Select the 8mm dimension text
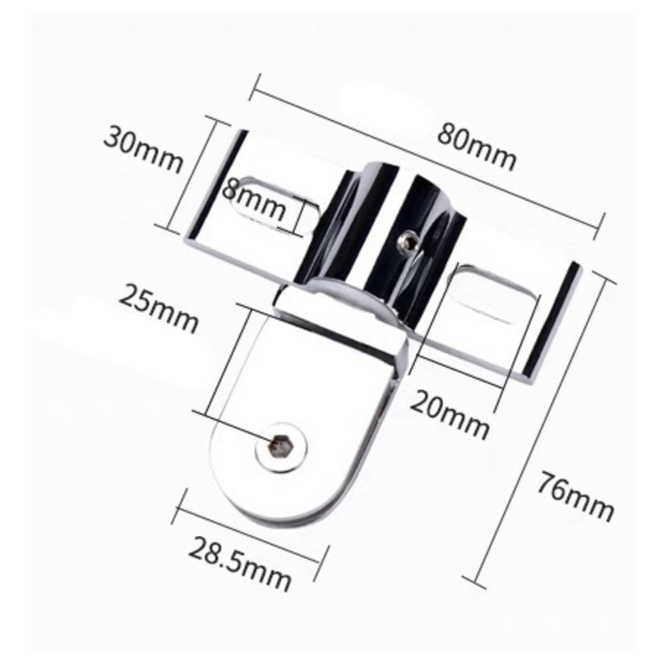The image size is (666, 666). pyautogui.click(x=254, y=199)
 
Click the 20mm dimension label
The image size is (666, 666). pyautogui.click(x=450, y=415)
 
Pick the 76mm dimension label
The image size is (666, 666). pyautogui.click(x=576, y=497)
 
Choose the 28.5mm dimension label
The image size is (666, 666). pyautogui.click(x=240, y=563)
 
